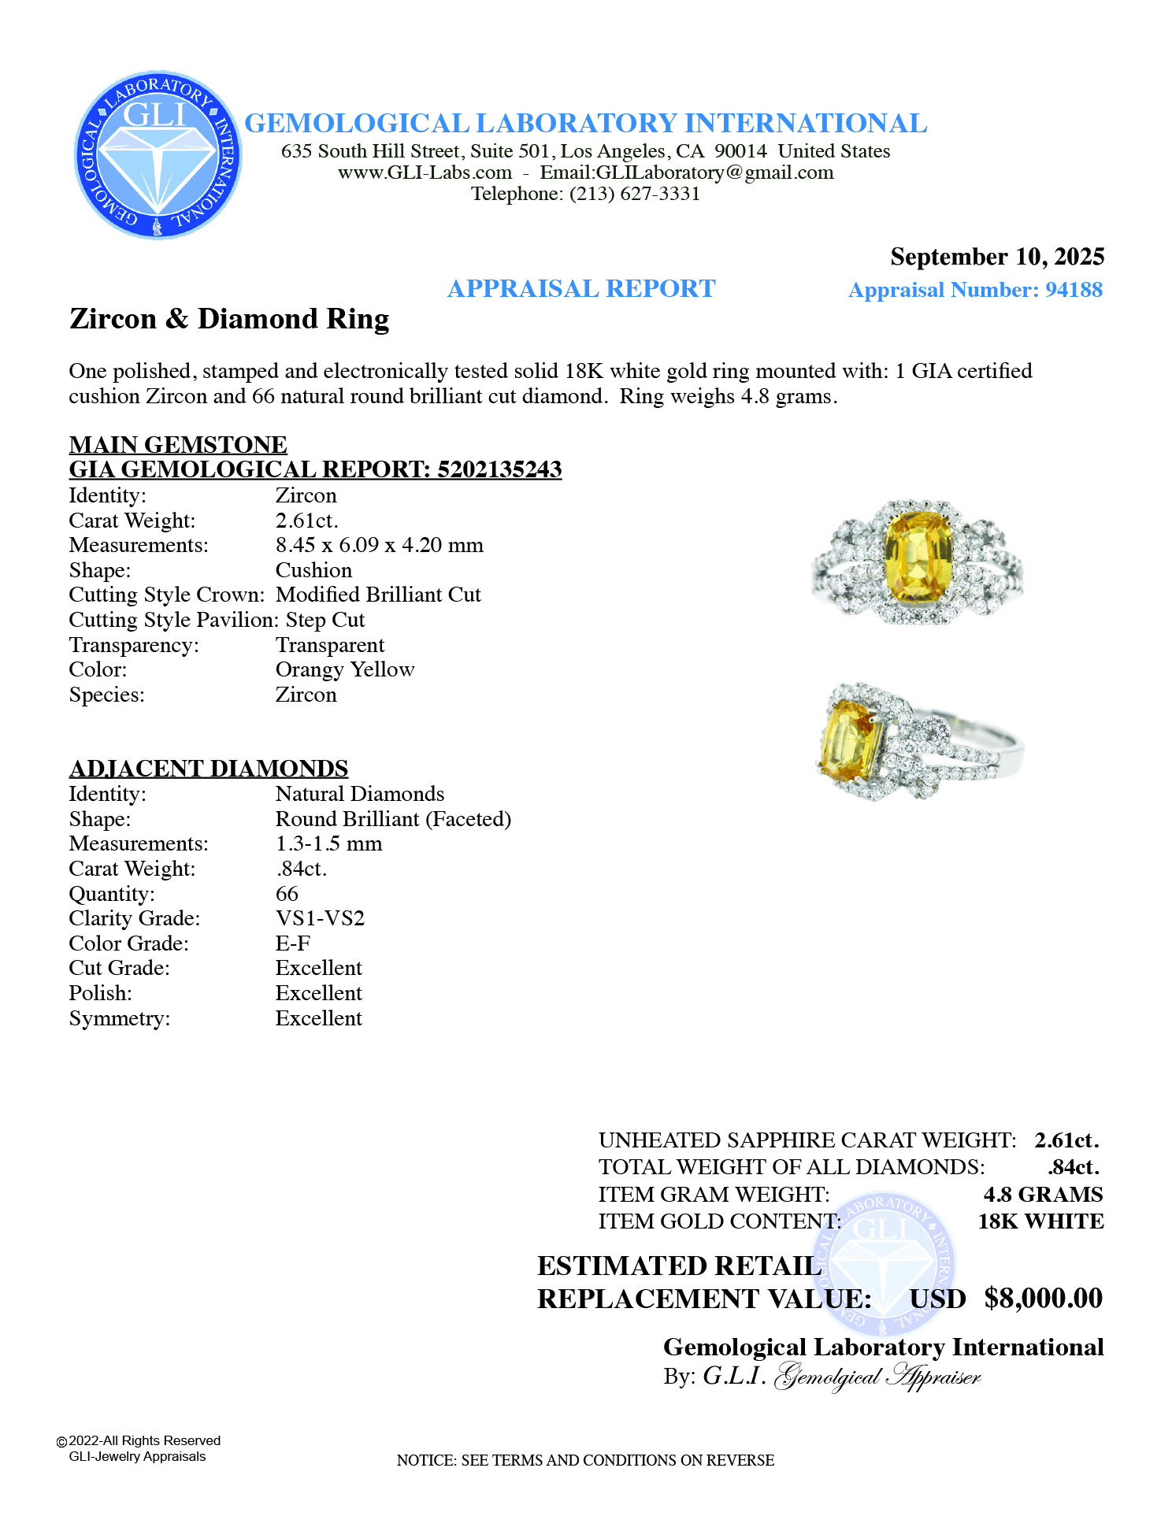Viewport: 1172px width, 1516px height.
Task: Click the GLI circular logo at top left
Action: coord(158,155)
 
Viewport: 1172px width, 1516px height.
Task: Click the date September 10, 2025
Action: coord(996,257)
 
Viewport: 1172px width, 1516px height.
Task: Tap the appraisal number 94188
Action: coord(1074,290)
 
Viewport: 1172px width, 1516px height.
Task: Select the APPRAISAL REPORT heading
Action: coord(581,289)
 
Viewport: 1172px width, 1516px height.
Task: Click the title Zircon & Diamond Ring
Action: coord(229,319)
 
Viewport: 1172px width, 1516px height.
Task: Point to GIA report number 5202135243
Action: coord(499,469)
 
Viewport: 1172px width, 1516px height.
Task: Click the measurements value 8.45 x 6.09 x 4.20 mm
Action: coord(379,545)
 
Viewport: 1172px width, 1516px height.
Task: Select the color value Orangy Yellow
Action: coord(344,669)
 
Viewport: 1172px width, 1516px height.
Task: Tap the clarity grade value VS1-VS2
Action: coord(320,918)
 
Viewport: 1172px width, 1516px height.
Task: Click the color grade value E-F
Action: coord(292,943)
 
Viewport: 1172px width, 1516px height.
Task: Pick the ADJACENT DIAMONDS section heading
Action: coord(209,768)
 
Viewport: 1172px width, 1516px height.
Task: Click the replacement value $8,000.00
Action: coord(1043,1298)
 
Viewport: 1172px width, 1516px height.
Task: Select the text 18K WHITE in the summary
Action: coord(1040,1221)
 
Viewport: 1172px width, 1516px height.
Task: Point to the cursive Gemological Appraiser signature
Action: coord(877,1377)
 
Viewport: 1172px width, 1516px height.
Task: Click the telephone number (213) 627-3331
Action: coord(635,194)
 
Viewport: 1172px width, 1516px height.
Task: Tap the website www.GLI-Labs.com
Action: coord(425,172)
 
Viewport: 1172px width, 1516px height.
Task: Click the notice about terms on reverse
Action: coord(585,1460)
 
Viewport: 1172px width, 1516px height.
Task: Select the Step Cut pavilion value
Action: coord(325,620)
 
